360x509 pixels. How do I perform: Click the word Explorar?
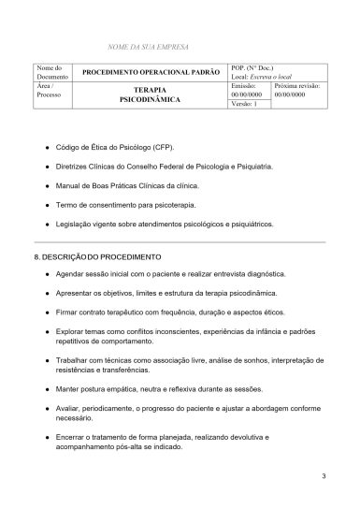point(73,329)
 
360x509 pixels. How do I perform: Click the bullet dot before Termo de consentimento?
point(47,206)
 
